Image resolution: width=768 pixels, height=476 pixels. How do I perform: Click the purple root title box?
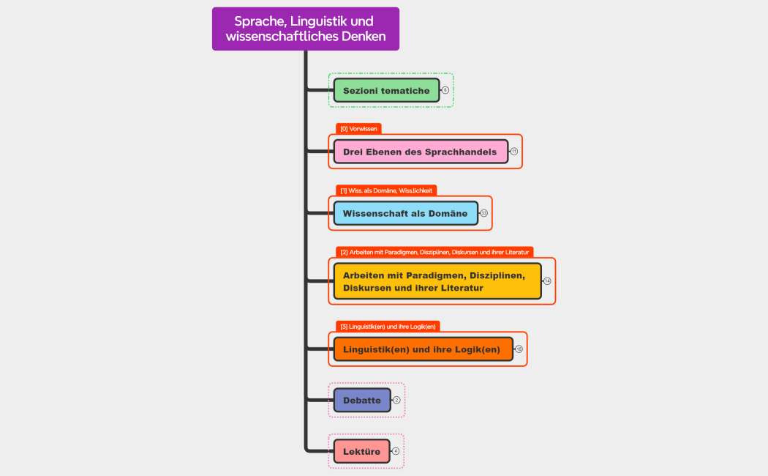(306, 29)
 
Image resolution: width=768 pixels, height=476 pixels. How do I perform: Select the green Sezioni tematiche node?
(386, 90)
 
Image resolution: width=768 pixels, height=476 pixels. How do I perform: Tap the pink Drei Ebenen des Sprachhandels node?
(421, 152)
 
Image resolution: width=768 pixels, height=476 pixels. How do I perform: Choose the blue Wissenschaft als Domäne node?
(405, 213)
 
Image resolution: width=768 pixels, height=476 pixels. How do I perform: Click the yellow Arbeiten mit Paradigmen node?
(437, 281)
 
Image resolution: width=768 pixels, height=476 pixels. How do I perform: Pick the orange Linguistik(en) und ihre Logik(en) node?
(423, 349)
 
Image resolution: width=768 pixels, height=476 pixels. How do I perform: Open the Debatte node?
(362, 400)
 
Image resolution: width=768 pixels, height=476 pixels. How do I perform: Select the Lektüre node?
(361, 451)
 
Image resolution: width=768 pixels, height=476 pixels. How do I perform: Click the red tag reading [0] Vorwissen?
(359, 129)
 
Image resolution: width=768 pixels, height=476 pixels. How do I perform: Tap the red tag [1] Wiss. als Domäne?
(386, 190)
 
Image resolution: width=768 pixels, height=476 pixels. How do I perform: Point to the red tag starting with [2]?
(434, 252)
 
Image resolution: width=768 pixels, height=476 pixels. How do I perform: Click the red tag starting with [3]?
(388, 327)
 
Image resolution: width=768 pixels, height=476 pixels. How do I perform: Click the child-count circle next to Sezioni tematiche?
(445, 90)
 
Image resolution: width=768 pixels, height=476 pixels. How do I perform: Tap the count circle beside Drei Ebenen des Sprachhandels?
(513, 152)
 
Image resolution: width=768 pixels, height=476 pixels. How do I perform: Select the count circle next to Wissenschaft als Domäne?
(483, 213)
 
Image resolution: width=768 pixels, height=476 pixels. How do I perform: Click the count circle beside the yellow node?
(547, 281)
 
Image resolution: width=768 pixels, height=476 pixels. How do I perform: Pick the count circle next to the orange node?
(519, 349)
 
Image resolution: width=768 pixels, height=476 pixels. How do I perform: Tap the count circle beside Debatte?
(396, 400)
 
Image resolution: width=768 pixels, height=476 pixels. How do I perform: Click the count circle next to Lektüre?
(395, 451)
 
